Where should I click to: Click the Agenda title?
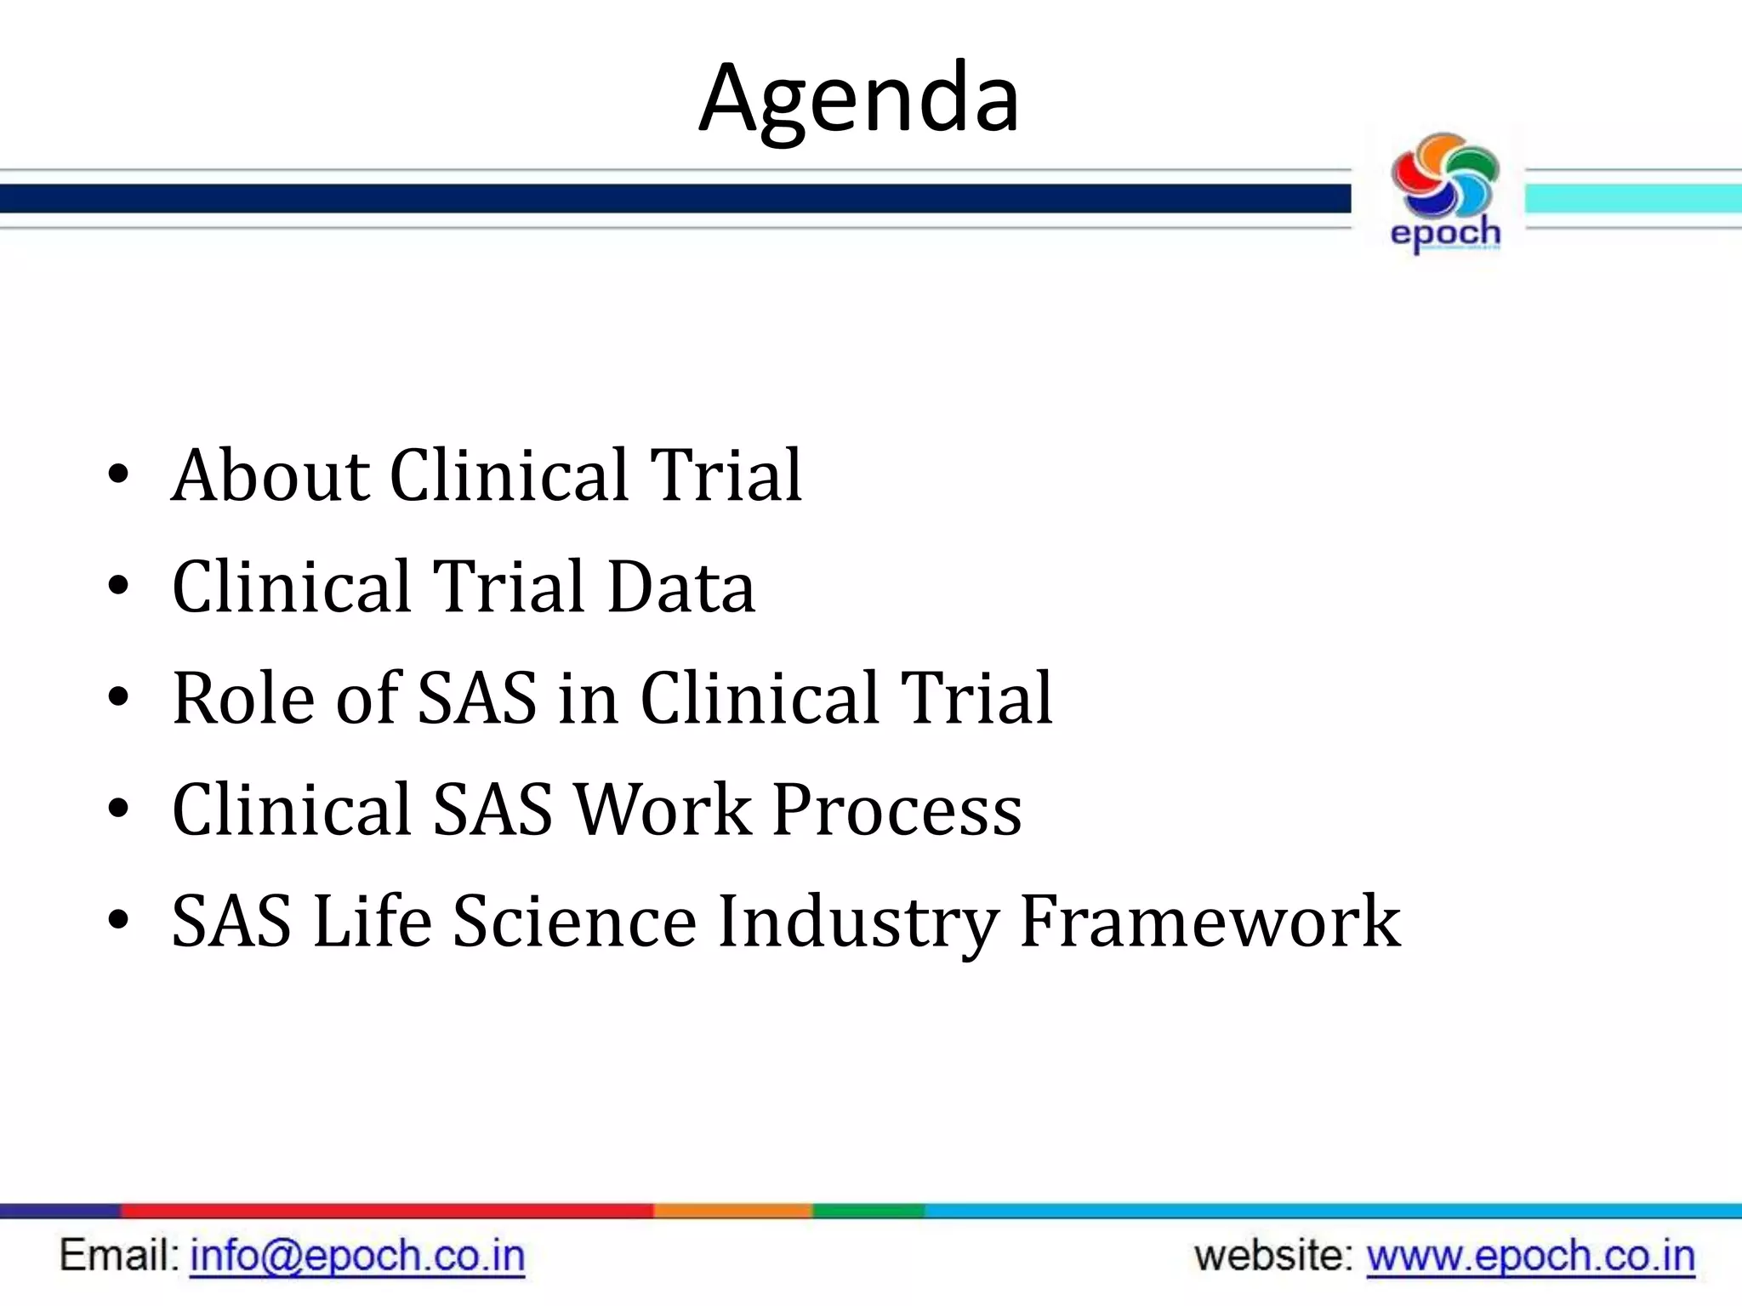[858, 99]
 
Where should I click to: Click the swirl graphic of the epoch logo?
[1445, 175]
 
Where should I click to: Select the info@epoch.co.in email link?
[357, 1257]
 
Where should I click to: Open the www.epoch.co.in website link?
[1530, 1257]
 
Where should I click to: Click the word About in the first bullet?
[270, 475]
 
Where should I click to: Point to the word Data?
[680, 587]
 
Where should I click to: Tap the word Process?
[897, 809]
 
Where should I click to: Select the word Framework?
[1209, 922]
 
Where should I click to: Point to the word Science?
[574, 922]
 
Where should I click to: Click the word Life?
[372, 922]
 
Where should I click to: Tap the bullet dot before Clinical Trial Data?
[118, 587]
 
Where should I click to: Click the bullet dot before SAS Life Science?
[118, 921]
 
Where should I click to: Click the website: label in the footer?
[1272, 1257]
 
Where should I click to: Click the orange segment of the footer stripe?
[732, 1211]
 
